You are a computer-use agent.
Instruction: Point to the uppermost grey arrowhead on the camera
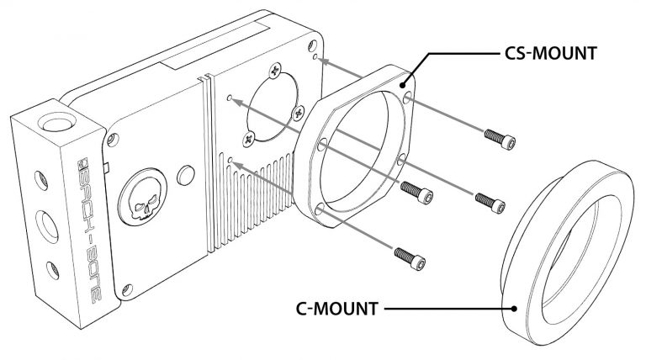326,61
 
